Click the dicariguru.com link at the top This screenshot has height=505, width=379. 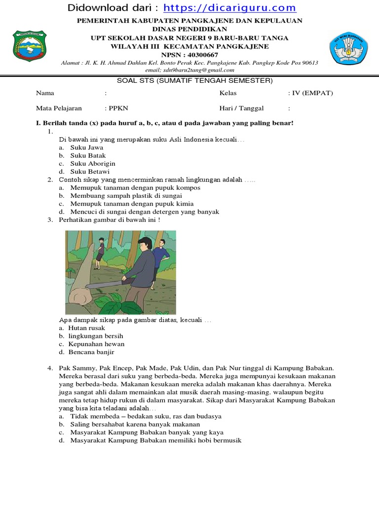coord(229,8)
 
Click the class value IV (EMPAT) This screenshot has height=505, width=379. coord(310,93)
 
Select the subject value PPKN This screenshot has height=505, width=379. coord(118,108)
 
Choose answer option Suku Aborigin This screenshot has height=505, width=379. coord(93,163)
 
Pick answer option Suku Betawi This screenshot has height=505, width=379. coord(90,171)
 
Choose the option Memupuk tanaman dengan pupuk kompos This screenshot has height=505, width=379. coord(135,188)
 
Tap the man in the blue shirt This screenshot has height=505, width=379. coord(160,256)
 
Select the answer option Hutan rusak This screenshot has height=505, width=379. coord(86,328)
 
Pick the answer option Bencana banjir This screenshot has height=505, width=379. coord(91,352)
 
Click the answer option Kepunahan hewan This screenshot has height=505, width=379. coord(96,344)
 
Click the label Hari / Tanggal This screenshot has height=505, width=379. coord(241,108)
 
